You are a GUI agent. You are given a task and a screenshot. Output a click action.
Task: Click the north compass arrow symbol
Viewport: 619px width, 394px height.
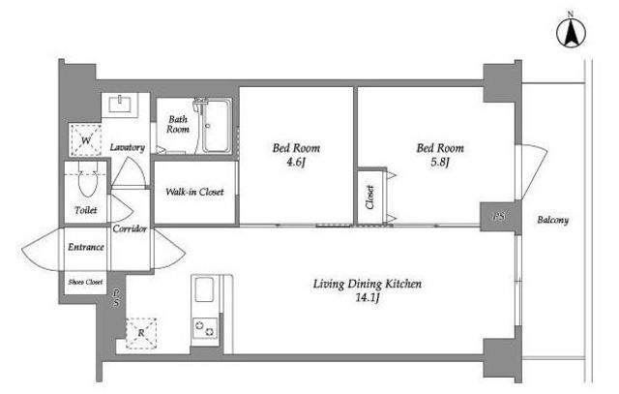pos(571,32)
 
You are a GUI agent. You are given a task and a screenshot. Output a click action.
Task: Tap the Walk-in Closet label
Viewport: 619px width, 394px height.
pos(194,192)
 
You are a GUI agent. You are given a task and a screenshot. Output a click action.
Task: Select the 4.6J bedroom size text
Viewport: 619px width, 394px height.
pos(296,163)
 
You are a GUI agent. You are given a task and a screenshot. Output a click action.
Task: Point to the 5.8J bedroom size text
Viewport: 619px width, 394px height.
pos(440,163)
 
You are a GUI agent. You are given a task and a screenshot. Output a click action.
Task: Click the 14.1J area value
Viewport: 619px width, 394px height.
pos(368,298)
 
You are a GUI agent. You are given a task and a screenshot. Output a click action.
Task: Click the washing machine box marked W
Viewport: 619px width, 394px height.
pos(86,140)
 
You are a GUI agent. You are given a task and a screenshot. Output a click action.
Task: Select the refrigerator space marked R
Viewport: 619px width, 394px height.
pos(141,334)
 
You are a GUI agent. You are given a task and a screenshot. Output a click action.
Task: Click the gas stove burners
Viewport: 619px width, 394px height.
pos(205,328)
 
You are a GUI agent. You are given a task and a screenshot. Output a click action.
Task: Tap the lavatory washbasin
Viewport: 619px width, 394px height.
pos(120,104)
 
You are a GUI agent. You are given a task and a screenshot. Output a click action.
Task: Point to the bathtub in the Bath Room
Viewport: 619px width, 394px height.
pos(216,126)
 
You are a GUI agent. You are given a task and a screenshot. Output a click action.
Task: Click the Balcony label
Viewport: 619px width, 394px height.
pos(552,220)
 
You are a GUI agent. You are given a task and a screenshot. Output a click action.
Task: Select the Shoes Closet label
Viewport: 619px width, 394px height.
pos(85,282)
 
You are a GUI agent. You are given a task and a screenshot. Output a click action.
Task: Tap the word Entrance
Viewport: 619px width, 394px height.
pos(86,247)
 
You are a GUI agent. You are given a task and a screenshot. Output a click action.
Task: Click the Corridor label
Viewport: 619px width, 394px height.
pos(130,228)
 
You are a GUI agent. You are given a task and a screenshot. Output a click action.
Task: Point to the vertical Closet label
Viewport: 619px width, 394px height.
pos(369,197)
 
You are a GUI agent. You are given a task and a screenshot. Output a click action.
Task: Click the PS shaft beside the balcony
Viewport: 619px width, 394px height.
pos(499,217)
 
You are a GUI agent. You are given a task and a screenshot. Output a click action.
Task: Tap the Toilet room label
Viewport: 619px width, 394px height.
pos(86,210)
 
